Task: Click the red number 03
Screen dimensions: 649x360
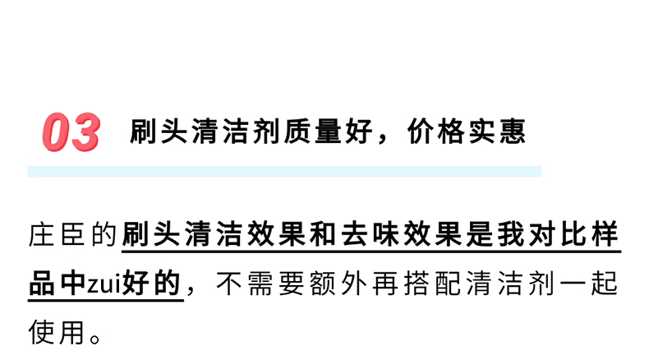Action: click(71, 133)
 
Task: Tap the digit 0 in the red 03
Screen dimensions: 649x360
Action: click(57, 133)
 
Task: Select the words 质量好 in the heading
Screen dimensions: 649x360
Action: click(307, 132)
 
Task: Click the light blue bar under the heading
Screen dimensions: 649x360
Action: click(284, 171)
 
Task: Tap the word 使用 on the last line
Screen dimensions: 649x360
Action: click(58, 332)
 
